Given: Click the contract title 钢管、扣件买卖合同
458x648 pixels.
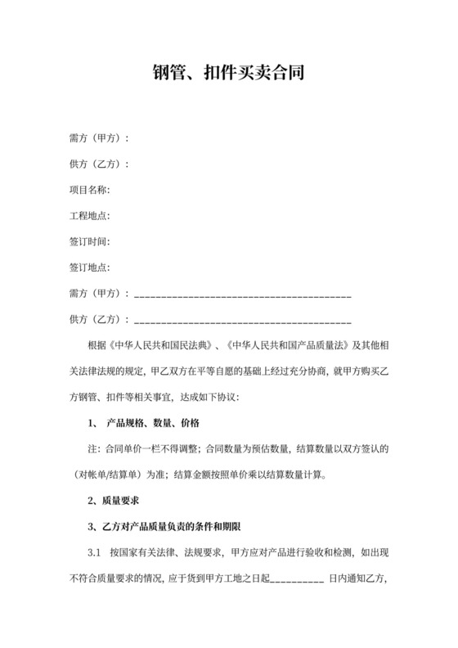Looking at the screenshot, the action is click(229, 74).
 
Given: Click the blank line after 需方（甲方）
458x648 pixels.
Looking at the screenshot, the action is click(242, 294).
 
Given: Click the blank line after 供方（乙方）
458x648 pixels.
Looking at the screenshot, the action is click(242, 320).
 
